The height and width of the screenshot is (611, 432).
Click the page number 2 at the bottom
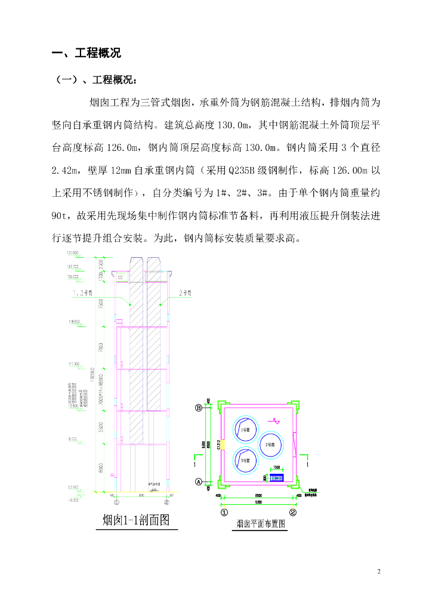(378, 572)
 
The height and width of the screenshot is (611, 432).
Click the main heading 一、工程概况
(87, 53)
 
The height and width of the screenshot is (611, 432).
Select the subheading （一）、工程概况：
(95, 80)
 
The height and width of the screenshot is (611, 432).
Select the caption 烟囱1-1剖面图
(137, 520)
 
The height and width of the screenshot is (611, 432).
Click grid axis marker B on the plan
(199, 408)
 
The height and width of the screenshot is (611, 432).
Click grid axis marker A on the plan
(199, 481)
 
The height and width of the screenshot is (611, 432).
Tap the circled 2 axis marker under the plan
(293, 511)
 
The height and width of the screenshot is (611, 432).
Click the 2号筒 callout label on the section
(186, 293)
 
